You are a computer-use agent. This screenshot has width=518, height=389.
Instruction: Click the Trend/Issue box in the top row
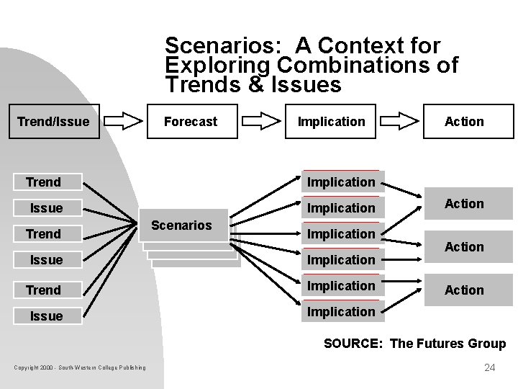point(53,122)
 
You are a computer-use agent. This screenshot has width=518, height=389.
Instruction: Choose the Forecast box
point(191,122)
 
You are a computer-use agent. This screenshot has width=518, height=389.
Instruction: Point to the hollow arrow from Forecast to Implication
point(260,121)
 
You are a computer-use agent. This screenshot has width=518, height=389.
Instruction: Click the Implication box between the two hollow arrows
point(331,122)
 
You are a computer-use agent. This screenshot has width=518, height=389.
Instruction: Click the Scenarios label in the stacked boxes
point(182,225)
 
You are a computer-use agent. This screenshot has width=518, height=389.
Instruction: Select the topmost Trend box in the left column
point(44,182)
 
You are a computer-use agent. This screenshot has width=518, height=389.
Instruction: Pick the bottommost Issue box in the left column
point(46,316)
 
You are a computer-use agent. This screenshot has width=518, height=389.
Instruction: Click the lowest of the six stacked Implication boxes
point(341,312)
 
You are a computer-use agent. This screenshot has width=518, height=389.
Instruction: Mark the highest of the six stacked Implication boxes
point(341,182)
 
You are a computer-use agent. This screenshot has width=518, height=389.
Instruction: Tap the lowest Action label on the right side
point(464,290)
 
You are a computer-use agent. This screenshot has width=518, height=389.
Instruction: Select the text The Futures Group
point(447,344)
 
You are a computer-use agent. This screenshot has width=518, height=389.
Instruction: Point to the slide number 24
point(490,367)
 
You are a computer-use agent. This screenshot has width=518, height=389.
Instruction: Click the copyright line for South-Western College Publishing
point(79,368)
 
